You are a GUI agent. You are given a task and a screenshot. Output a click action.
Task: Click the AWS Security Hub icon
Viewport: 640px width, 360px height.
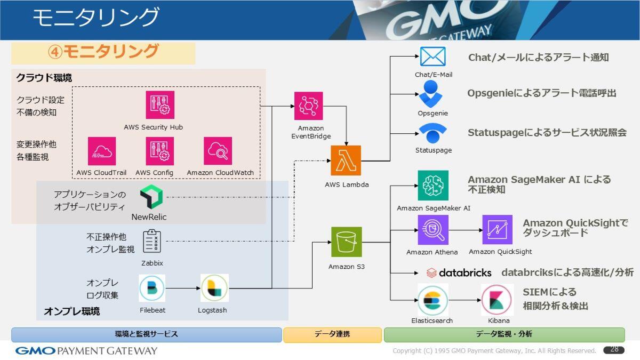point(160,105)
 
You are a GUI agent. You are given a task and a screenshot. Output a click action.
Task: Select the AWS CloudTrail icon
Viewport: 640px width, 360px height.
point(102,151)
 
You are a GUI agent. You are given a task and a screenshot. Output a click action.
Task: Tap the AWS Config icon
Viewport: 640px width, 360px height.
point(160,151)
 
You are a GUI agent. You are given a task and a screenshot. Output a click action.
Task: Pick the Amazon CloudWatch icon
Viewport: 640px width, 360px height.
point(218,151)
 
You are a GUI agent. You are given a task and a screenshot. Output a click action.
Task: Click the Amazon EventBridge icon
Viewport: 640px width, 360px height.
point(308,106)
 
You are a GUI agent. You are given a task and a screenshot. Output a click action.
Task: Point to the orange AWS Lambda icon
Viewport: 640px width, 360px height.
point(346,161)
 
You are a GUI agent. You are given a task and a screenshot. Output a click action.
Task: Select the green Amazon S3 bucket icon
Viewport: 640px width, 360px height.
point(347,242)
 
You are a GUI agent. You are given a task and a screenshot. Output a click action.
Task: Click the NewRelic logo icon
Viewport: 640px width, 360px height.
point(151,198)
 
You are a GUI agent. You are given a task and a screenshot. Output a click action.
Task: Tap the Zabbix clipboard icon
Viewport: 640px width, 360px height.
point(151,241)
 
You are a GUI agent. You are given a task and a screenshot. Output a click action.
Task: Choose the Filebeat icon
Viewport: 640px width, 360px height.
point(152,288)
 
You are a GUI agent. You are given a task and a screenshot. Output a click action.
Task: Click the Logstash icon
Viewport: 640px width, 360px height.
point(214,288)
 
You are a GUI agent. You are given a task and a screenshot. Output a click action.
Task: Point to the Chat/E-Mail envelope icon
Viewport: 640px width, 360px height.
point(433,57)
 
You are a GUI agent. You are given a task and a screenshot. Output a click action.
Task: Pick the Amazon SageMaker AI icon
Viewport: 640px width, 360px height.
point(433,186)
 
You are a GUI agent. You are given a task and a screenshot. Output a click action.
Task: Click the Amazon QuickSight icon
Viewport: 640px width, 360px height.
point(498,230)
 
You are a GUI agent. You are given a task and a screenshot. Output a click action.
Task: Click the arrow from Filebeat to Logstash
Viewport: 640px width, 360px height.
point(183,289)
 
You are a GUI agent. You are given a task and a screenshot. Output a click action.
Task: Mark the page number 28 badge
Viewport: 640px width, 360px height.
point(614,350)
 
